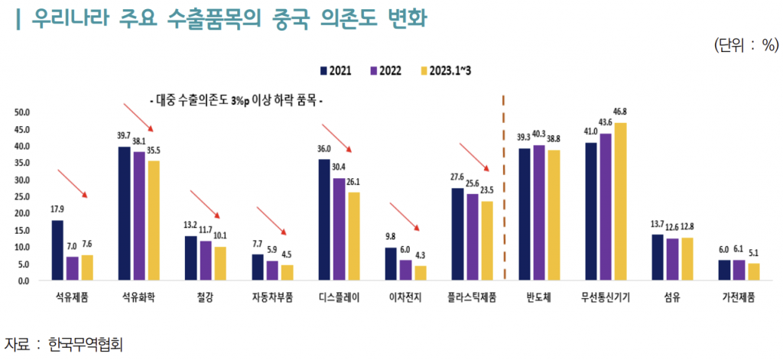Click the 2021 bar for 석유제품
[x=57, y=250]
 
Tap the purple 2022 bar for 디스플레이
[x=338, y=229]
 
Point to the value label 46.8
[x=620, y=112]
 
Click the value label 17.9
[x=57, y=209]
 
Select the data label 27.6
[x=457, y=177]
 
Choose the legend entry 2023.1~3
[x=452, y=71]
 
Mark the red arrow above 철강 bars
[x=204, y=206]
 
